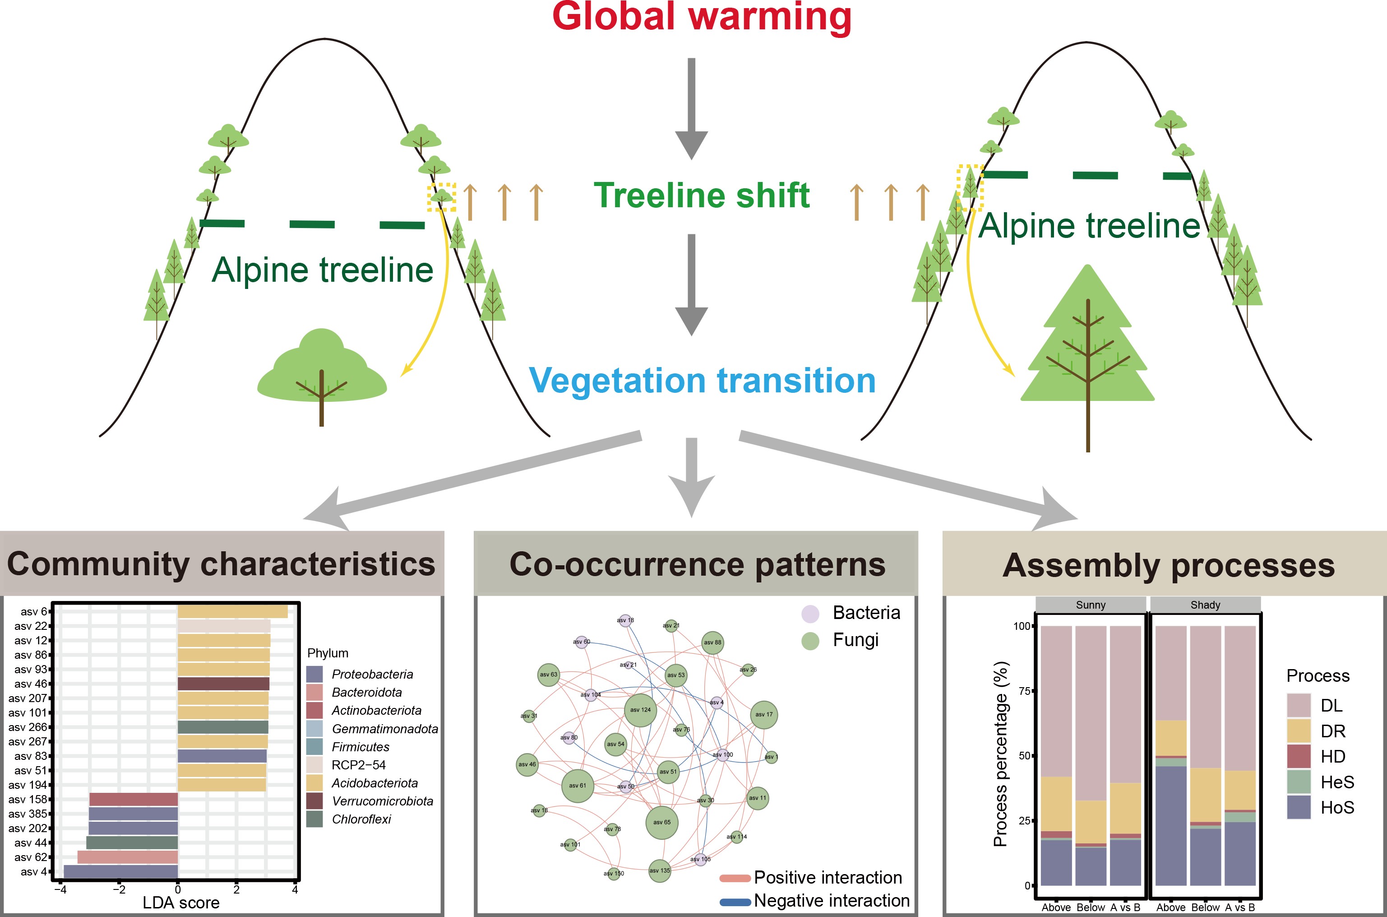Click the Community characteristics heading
pos(221,564)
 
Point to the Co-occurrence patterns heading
pos(697,564)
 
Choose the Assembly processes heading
pos(1169,566)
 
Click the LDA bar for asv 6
pos(233,612)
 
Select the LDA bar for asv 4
pos(120,872)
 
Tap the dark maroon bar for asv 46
pos(223,684)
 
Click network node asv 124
pos(641,710)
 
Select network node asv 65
pos(661,822)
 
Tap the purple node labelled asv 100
pos(723,755)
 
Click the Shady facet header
pos(1205,605)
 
